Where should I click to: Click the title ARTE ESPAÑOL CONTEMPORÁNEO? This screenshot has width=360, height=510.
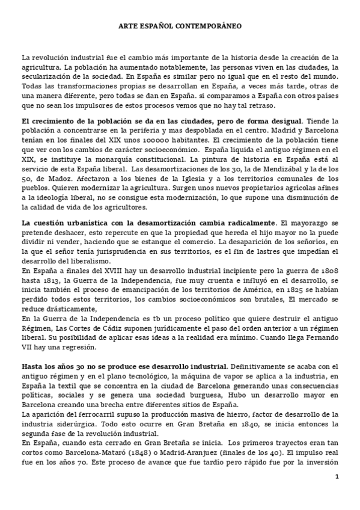[180, 26]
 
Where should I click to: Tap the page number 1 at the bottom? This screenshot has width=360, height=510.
[337, 476]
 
